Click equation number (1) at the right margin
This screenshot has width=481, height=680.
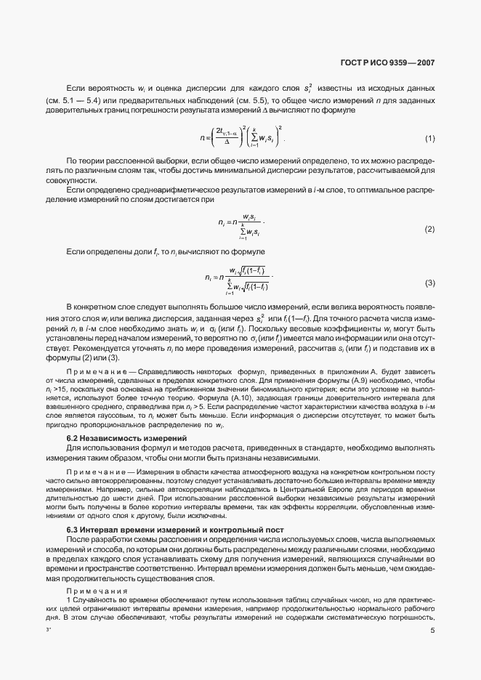coord(429,139)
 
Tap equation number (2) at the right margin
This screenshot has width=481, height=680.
coord(429,230)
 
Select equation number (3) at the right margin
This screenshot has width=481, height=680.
coord(429,282)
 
